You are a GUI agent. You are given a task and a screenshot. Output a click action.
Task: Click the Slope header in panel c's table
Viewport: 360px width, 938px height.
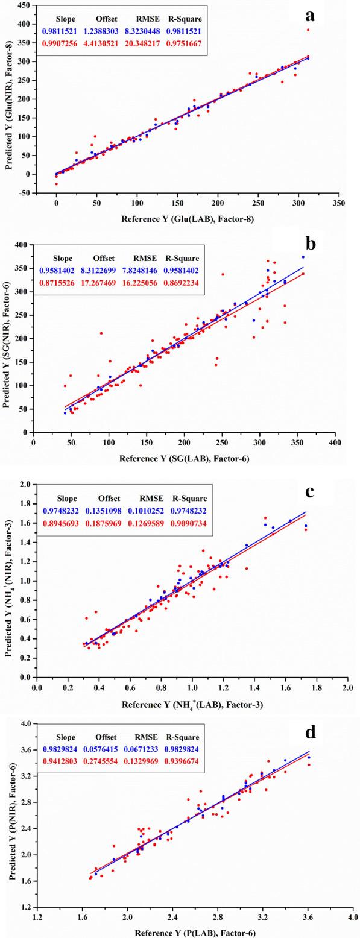pos(67,499)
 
